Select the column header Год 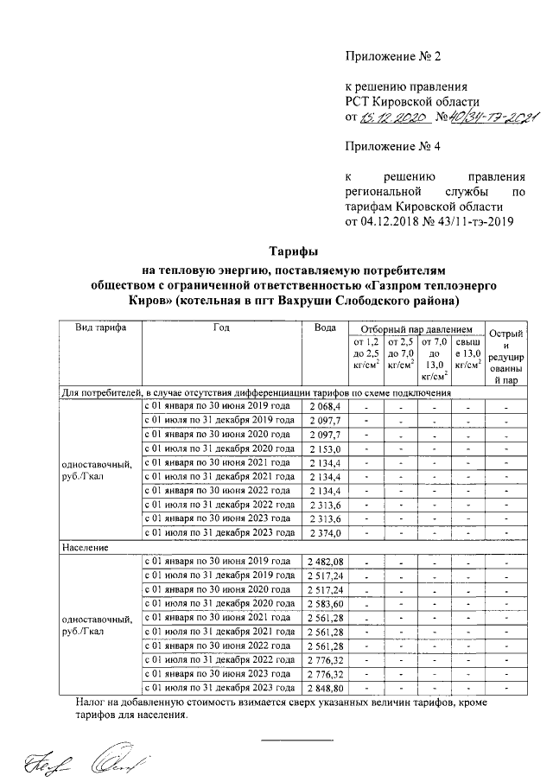[x=220, y=328]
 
